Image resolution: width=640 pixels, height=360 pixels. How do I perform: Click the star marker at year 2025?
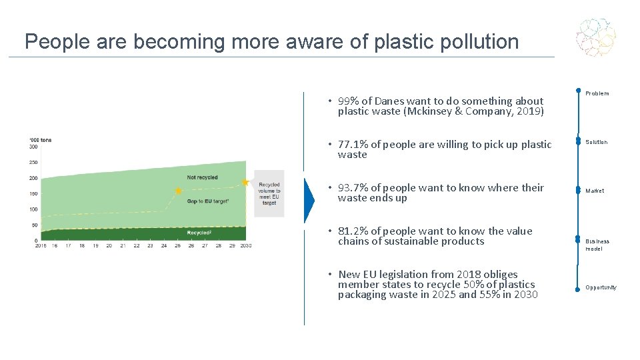coord(178,191)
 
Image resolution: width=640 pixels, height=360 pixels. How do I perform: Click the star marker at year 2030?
coord(245,182)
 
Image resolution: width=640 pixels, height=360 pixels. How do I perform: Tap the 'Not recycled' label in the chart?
coord(202,177)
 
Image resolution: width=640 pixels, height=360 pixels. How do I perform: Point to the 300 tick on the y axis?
coord(33,147)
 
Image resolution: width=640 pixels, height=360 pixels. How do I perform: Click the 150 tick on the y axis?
coord(33,194)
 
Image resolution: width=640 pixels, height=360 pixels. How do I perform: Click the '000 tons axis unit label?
coord(41,140)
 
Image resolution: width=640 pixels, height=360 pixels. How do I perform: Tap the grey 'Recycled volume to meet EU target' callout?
coord(269,193)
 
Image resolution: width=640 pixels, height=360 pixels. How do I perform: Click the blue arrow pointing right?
coord(309,199)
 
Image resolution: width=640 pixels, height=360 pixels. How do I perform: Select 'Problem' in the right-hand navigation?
coord(597,94)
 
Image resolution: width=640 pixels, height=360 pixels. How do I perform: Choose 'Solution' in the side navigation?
coord(597,142)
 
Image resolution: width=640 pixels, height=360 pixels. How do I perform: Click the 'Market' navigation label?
coord(595,191)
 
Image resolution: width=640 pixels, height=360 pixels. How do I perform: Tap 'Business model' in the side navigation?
coord(597,245)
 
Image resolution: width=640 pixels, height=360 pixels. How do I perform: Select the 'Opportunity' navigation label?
coord(601,287)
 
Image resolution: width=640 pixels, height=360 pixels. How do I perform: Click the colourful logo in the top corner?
coord(596,37)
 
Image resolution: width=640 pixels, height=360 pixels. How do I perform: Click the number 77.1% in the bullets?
coord(353,145)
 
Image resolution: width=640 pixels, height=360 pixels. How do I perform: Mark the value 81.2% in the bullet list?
coord(353,231)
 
